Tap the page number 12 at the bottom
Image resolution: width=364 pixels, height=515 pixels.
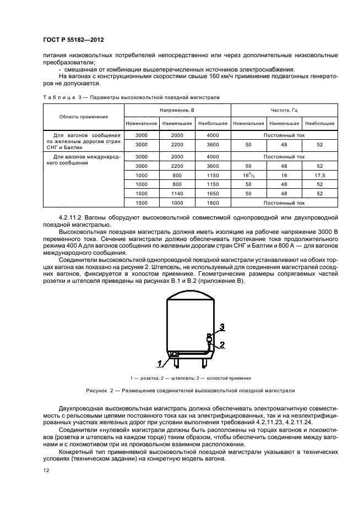point(46,470)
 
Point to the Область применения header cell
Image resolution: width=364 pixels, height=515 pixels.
point(84,117)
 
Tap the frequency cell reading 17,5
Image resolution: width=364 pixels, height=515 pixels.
point(319,176)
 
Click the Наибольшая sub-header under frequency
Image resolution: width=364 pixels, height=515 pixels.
point(319,124)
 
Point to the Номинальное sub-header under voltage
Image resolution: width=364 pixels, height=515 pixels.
point(142,124)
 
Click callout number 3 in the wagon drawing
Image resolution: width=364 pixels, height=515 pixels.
point(222,327)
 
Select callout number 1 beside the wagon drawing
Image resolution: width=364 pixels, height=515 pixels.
point(159,363)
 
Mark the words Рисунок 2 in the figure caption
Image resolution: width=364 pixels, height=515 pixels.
point(101,391)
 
